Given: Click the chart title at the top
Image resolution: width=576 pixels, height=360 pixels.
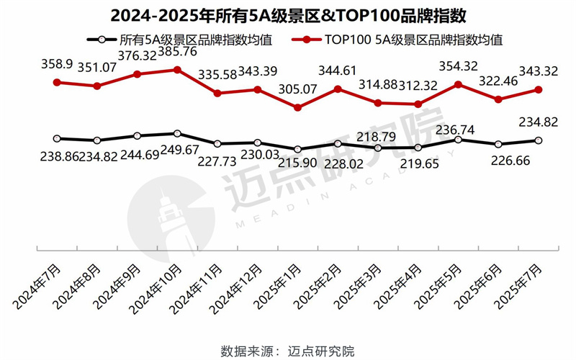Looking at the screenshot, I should [x=288, y=14].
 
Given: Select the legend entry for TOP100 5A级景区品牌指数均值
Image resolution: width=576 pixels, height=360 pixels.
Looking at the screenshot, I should [x=403, y=40].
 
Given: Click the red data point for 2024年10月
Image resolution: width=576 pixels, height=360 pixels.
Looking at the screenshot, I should [x=177, y=70].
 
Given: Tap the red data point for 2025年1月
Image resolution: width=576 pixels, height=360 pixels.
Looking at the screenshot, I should [x=297, y=107].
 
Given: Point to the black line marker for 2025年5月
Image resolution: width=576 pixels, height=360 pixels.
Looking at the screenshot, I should [x=458, y=139].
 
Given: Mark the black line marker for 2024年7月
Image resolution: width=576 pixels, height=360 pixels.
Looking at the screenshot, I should [x=56, y=138].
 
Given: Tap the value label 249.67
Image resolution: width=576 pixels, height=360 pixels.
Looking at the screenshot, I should [x=177, y=150].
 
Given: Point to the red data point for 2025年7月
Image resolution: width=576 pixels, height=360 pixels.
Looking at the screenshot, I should [x=539, y=90].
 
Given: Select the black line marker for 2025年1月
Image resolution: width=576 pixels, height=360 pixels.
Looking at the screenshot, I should [x=297, y=149].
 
